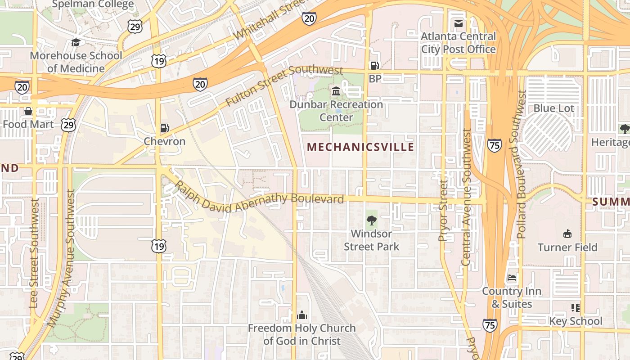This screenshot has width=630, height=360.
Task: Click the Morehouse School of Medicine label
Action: pos(76,62)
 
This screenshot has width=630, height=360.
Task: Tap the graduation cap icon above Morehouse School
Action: pos(76,43)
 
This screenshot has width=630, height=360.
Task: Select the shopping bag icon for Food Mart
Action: pos(28,111)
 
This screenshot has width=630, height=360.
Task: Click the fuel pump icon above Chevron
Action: pos(165,128)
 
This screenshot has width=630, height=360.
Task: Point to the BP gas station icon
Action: pos(374,66)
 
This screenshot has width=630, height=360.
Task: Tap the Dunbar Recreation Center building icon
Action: pos(336,92)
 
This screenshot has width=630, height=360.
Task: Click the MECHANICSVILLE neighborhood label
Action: pos(360,147)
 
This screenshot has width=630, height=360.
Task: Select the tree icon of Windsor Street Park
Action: pos(371,220)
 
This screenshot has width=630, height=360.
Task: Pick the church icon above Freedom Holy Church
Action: pos(302,315)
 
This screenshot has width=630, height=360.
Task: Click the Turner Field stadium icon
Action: pos(567,234)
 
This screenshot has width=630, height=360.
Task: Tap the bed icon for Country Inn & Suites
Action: pos(512,278)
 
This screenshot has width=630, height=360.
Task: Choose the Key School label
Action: pos(576,321)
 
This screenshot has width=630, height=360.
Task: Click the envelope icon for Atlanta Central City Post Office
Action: pos(459,23)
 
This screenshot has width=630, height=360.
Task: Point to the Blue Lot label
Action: pos(553,108)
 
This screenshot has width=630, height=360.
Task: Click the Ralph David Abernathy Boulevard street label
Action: pos(259,198)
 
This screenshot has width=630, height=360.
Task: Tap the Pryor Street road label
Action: pos(443,211)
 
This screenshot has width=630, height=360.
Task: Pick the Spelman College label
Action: pos(93,4)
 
